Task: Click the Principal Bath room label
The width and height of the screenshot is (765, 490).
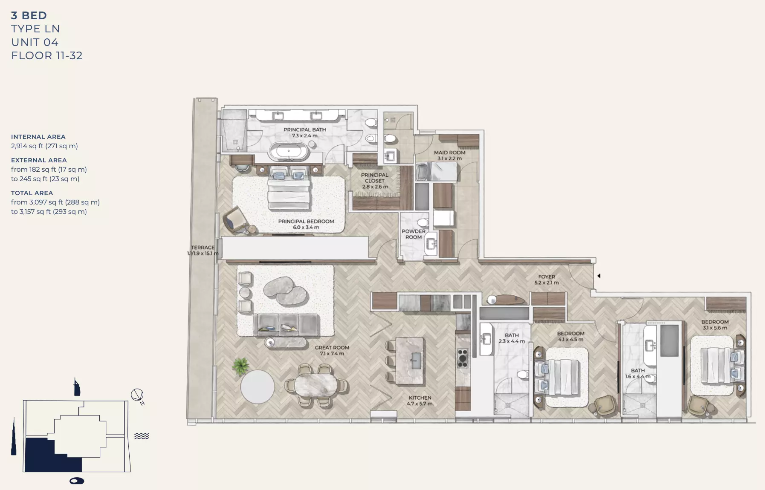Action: (304, 133)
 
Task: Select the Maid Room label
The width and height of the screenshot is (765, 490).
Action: (449, 155)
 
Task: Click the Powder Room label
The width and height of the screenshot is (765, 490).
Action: (413, 234)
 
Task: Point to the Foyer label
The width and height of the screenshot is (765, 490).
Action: (546, 280)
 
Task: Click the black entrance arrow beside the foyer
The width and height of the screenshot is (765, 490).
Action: (599, 276)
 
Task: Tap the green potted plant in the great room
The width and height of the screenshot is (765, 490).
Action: (241, 366)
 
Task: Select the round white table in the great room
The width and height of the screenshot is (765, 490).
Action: (258, 386)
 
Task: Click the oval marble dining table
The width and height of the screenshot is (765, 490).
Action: (316, 385)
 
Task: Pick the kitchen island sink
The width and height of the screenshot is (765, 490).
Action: (416, 360)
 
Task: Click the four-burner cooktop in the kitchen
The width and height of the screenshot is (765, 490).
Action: (463, 358)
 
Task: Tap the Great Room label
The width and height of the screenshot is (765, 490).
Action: (332, 350)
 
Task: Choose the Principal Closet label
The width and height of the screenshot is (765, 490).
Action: (375, 181)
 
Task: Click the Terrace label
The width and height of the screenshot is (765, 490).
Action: (203, 250)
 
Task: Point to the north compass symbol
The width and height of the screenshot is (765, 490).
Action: (137, 396)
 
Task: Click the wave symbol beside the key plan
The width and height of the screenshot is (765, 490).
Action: (142, 436)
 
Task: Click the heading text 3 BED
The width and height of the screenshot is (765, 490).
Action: (29, 15)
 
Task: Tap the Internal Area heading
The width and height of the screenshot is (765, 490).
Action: (38, 137)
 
